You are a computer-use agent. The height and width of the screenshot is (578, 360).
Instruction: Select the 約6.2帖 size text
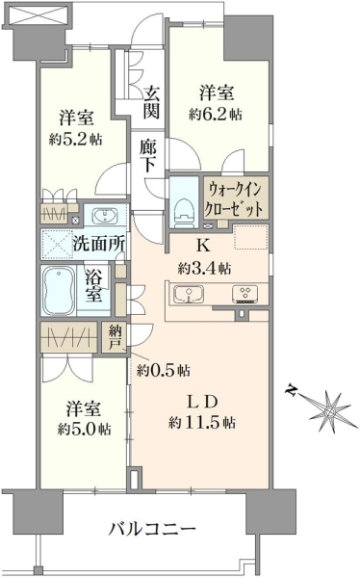point(216,115)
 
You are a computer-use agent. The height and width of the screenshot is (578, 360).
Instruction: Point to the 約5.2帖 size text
point(75,140)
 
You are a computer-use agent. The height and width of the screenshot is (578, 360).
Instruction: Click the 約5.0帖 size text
point(85,429)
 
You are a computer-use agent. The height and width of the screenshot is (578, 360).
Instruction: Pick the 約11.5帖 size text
point(202,422)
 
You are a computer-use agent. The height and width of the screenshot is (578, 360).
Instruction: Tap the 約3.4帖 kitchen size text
point(204,268)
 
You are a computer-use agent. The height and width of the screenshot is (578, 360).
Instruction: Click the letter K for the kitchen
point(203,246)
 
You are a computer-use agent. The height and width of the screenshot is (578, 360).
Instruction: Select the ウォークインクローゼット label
point(236,199)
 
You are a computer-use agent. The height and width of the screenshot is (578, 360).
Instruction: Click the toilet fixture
point(183,210)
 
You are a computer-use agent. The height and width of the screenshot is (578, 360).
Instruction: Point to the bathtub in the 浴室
point(58,291)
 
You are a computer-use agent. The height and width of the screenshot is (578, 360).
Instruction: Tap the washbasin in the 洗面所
point(105,215)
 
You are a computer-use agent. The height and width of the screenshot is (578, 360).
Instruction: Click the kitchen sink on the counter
point(189,294)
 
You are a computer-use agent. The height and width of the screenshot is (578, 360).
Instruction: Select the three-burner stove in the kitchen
point(244,294)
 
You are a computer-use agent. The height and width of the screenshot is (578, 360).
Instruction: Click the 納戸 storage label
point(114,337)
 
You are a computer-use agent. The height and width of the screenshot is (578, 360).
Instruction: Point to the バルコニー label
point(152,530)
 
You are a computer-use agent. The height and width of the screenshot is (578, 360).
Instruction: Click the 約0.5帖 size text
point(164,370)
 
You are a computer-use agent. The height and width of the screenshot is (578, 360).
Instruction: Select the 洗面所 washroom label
point(99,244)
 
